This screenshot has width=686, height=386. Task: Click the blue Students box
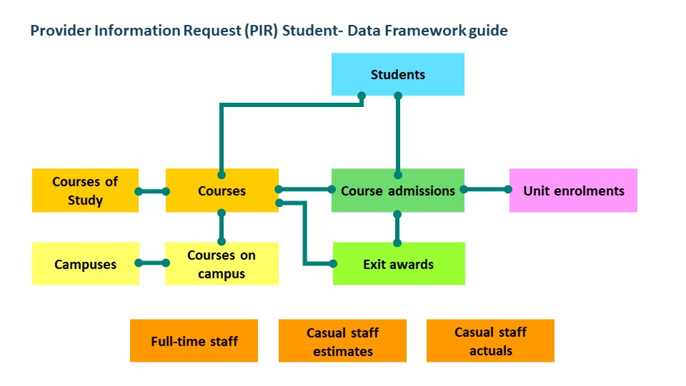[398, 74]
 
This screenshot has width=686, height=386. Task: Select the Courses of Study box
[85, 191]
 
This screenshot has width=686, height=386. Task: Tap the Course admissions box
[398, 191]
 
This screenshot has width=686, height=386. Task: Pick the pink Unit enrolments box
[573, 191]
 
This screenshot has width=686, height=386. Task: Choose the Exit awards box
[399, 264]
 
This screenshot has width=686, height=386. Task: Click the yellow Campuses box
[85, 264]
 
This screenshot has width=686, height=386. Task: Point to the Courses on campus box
[222, 264]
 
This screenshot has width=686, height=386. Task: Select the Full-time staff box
[194, 340]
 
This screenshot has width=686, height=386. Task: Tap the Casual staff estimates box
[342, 340]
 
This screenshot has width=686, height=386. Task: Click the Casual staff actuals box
[490, 340]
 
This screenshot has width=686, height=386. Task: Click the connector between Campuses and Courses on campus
[152, 263]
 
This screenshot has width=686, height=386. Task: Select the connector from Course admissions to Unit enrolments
[486, 190]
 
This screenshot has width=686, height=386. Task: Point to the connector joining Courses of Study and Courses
[152, 191]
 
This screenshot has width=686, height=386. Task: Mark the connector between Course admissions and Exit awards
[397, 228]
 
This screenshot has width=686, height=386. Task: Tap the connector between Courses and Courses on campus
[222, 227]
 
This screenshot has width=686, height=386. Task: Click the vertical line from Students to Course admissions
[398, 136]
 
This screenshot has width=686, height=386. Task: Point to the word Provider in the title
[60, 31]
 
